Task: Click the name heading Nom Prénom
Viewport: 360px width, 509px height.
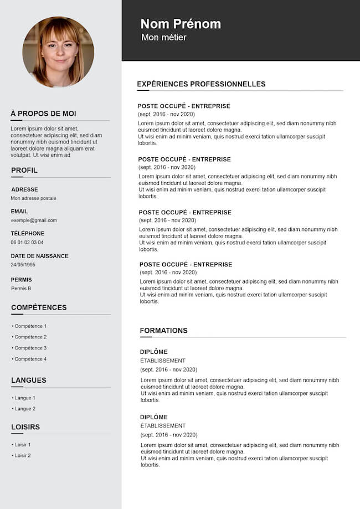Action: pyautogui.click(x=181, y=24)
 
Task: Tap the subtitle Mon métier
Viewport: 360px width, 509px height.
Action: pyautogui.click(x=164, y=37)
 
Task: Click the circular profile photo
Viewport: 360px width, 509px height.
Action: pyautogui.click(x=58, y=52)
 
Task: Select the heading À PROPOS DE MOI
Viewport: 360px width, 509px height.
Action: pyautogui.click(x=43, y=114)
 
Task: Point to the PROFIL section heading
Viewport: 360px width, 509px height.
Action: pyautogui.click(x=24, y=170)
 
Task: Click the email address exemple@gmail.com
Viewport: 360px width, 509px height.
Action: pyautogui.click(x=34, y=220)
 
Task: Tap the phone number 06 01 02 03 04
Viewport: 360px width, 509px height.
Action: pyautogui.click(x=27, y=243)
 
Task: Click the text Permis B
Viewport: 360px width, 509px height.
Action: pyautogui.click(x=21, y=289)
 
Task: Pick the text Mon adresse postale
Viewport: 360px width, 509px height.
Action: pyautogui.click(x=34, y=198)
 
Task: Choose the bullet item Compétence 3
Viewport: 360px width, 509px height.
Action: pyautogui.click(x=30, y=348)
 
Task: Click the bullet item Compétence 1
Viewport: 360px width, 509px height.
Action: pyautogui.click(x=30, y=326)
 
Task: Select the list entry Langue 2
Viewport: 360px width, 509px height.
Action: pyautogui.click(x=25, y=409)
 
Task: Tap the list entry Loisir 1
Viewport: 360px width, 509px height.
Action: pyautogui.click(x=23, y=445)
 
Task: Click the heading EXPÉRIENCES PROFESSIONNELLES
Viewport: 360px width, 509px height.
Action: pyautogui.click(x=201, y=84)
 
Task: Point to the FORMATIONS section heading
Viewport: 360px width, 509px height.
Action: pyautogui.click(x=163, y=331)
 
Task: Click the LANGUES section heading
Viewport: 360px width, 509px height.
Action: pyautogui.click(x=29, y=381)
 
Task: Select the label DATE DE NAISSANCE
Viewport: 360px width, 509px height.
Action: pyautogui.click(x=39, y=256)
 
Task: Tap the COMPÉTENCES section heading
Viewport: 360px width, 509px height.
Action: pyautogui.click(x=39, y=307)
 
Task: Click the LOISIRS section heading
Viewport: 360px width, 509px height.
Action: pyautogui.click(x=25, y=427)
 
